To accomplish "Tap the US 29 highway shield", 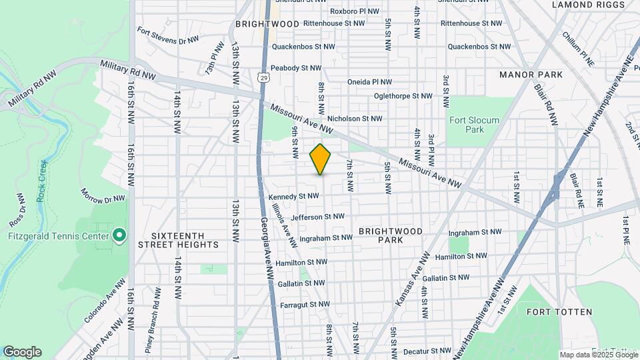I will coord(264,79).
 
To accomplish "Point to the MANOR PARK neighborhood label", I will coord(527,75).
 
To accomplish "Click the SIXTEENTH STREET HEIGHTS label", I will coord(185,240).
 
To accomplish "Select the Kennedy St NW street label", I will coord(294,197).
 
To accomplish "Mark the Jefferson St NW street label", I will coord(317,217).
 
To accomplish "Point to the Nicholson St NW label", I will coord(355,119).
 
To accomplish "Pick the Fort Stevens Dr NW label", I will coord(168,35).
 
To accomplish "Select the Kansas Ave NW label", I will coord(411,280).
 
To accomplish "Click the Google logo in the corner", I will coord(22,352).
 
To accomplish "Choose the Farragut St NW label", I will coord(305,304).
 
